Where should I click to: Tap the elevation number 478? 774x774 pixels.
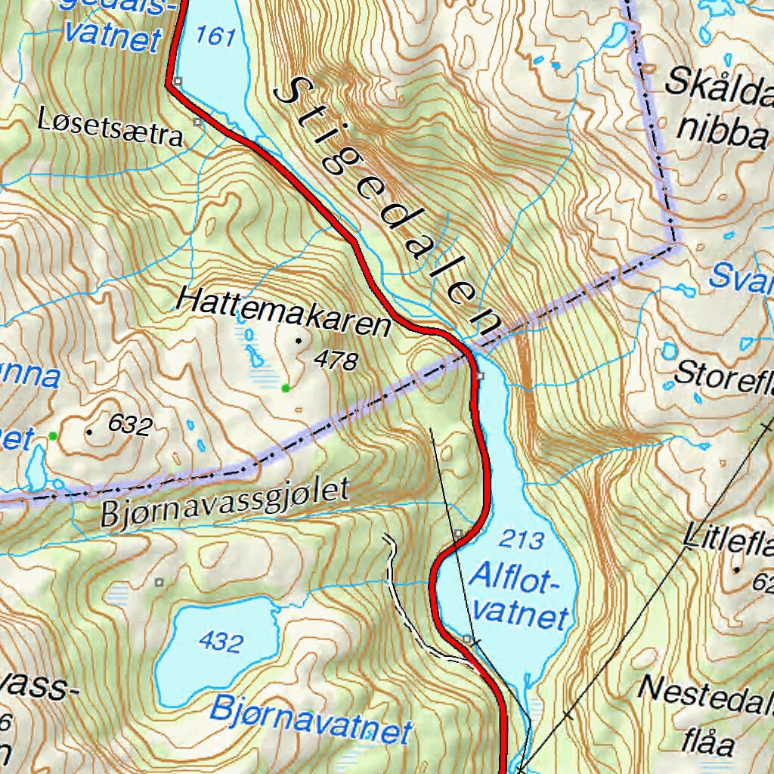point(336,361)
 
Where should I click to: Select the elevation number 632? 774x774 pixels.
point(131,425)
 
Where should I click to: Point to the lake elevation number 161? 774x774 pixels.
point(215,36)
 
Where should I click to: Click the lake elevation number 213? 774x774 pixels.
point(522,540)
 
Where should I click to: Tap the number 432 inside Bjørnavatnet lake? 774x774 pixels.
point(221,642)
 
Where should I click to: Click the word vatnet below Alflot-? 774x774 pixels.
point(522,614)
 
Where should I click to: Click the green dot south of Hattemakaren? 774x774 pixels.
point(285,389)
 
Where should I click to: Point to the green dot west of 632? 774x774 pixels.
point(52,436)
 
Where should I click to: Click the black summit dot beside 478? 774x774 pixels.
point(298,341)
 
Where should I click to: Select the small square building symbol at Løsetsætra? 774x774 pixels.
point(198,121)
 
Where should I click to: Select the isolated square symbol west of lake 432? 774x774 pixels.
point(159,581)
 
